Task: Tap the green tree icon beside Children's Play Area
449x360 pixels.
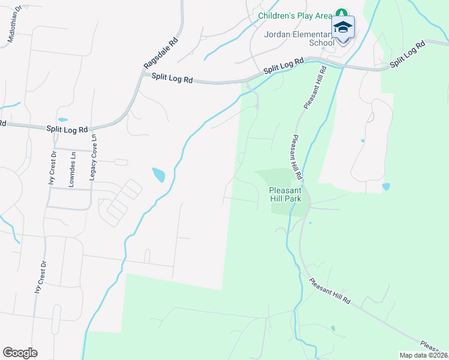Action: click(342, 13)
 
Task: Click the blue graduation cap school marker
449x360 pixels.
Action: click(343, 28)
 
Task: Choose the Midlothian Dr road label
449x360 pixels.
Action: click(14, 23)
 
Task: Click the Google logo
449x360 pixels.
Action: click(20, 352)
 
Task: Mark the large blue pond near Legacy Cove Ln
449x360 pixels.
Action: click(158, 175)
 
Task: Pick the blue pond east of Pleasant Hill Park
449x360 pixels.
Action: click(385, 187)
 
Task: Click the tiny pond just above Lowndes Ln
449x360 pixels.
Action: click(63, 119)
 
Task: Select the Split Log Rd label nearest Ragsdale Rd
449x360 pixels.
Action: click(172, 78)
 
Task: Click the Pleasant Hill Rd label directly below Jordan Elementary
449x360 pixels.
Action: click(315, 87)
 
